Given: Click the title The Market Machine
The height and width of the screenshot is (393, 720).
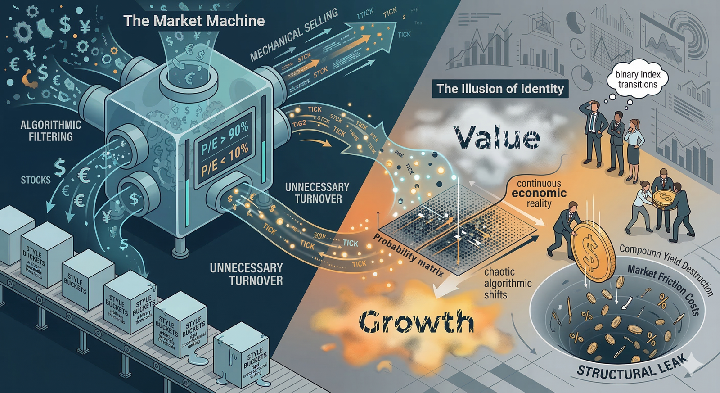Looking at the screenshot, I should (x=194, y=21).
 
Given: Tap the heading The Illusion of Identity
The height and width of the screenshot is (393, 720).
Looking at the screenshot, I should (x=500, y=89).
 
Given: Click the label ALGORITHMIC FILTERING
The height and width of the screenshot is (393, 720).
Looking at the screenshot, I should (x=51, y=131).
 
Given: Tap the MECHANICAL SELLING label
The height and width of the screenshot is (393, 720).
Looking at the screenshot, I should (x=294, y=35).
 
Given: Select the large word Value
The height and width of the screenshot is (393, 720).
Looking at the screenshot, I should (x=496, y=137).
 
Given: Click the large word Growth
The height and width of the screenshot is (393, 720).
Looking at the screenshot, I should (x=416, y=321).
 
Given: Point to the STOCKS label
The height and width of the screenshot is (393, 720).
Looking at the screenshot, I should (x=36, y=180).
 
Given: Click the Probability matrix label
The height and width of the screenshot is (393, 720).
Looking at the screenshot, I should (x=409, y=255).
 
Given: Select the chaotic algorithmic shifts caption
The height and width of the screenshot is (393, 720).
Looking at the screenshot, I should (x=508, y=283).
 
